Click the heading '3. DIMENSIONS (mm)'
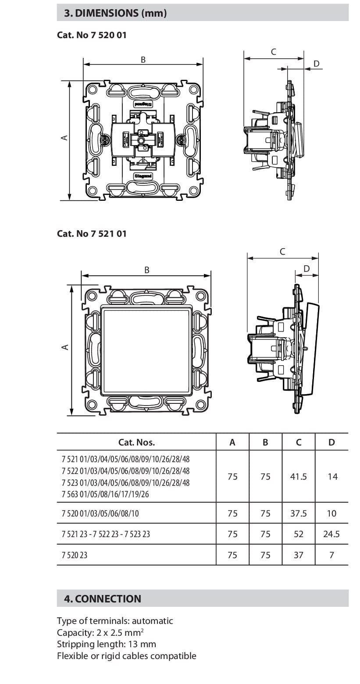[x=115, y=13]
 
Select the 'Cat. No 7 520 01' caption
[x=92, y=35]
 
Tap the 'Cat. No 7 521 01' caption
[x=92, y=233]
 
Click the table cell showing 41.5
[x=298, y=476]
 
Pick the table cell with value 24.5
[x=331, y=534]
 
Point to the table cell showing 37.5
[x=298, y=513]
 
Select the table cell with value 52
[x=298, y=534]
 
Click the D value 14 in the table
[x=332, y=476]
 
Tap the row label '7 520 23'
[x=74, y=555]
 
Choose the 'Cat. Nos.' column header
[x=136, y=442]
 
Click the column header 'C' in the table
[x=298, y=442]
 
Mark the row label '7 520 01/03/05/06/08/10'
[x=100, y=513]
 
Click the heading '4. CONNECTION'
[x=103, y=598]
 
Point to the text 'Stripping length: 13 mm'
[x=106, y=644]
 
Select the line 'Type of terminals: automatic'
[x=115, y=620]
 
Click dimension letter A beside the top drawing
[x=64, y=138]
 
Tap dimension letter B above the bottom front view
[x=147, y=270]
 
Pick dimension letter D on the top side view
[x=317, y=64]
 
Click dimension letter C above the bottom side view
[x=282, y=252]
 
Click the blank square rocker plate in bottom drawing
[x=146, y=349]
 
